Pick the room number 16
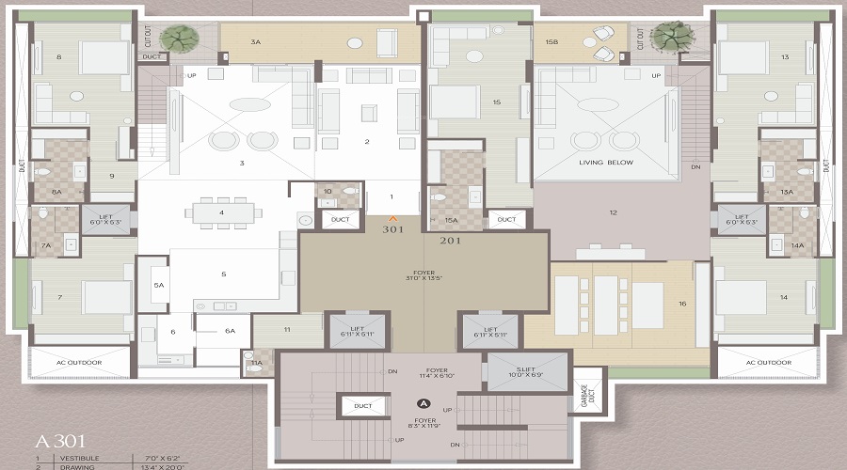tap(681, 303)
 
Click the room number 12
tap(613, 212)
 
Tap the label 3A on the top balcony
tap(255, 42)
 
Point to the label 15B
tap(551, 42)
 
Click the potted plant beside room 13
tap(669, 38)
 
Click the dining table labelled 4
tap(222, 212)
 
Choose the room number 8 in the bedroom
tap(58, 57)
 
